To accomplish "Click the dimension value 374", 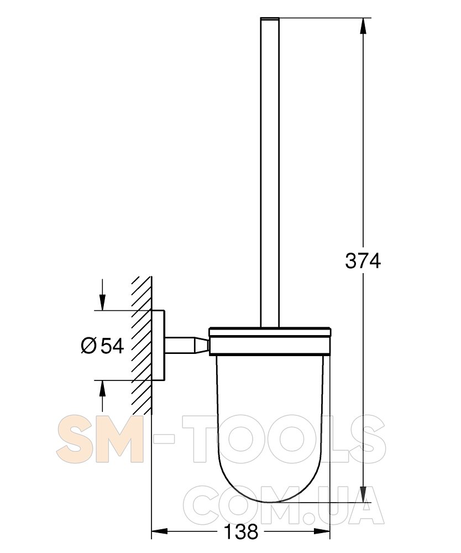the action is pos(363,262).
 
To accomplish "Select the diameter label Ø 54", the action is pos(103,346).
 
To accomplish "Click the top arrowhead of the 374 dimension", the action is pos(363,26).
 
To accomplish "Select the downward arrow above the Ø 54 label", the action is pos(102,295).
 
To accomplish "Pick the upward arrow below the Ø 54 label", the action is pos(102,397).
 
